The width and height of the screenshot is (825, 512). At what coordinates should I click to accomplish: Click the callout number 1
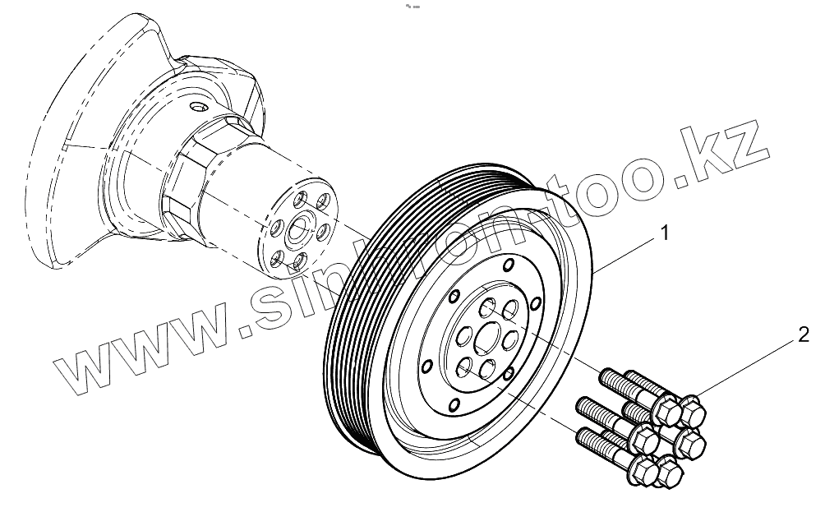[665, 234]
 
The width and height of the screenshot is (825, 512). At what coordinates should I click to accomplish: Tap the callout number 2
[804, 334]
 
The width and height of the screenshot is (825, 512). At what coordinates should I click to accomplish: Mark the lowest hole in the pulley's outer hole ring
[454, 404]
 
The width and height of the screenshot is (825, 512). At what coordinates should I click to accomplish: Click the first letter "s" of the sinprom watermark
[267, 307]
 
